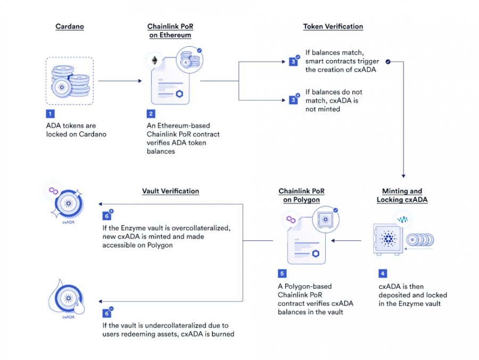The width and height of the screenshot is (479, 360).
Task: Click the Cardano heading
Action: (x=70, y=26)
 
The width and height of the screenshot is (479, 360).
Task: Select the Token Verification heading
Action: (x=333, y=26)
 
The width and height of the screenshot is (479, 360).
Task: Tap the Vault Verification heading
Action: (x=170, y=191)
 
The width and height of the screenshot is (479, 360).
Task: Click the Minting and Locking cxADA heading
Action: (x=402, y=195)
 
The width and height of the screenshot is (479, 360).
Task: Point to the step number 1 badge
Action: (x=50, y=114)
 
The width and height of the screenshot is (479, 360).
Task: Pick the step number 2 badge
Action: (x=151, y=114)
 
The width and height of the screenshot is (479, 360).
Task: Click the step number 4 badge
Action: (x=383, y=273)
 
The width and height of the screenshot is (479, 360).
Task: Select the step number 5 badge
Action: (x=282, y=273)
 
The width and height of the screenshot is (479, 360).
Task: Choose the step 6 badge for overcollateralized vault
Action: (x=106, y=216)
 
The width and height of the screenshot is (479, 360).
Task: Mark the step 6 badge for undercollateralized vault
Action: (x=106, y=313)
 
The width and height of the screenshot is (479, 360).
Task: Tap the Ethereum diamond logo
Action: (x=155, y=60)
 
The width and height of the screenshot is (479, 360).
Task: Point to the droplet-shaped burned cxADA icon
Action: (x=68, y=297)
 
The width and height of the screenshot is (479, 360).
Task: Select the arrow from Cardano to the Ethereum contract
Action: (x=120, y=81)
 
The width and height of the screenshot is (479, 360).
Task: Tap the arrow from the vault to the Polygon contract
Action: (x=346, y=240)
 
